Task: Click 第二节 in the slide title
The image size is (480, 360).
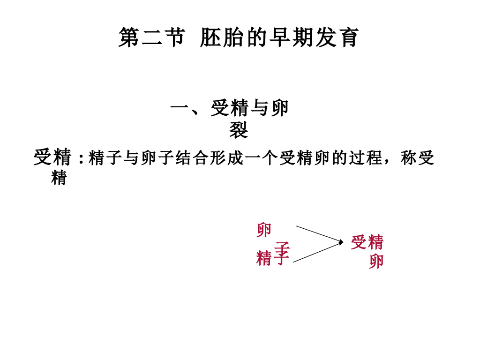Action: [x=151, y=38]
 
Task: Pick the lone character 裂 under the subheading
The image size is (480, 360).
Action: [x=238, y=130]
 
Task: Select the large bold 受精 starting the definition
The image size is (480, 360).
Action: [x=52, y=158]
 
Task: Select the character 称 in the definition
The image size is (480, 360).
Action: [x=408, y=159]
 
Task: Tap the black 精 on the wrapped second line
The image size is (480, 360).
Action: [x=59, y=178]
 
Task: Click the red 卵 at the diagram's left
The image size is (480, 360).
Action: [x=264, y=230]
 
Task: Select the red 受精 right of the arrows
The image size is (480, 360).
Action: [x=367, y=242]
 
